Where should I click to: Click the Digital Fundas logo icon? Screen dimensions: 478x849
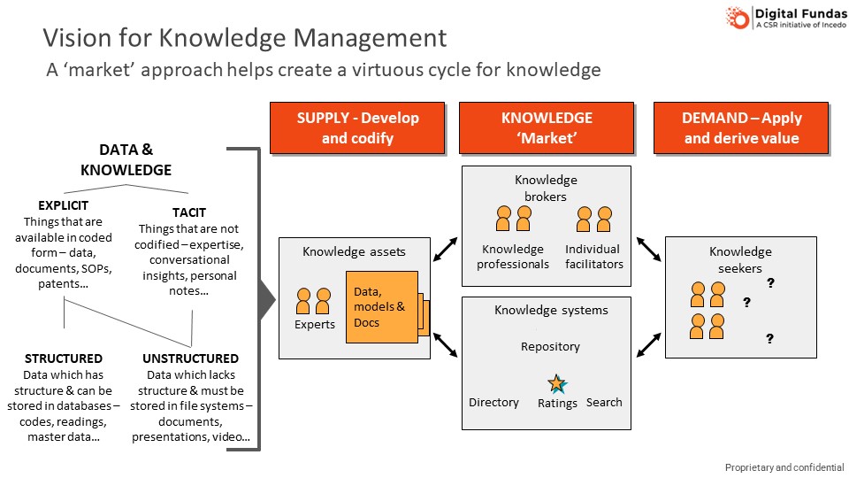pos(738,18)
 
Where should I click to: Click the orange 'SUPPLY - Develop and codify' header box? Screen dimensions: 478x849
pos(358,127)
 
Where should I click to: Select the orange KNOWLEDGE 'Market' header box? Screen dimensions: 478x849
pos(547,127)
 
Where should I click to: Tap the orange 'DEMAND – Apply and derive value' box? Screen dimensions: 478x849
pos(741,127)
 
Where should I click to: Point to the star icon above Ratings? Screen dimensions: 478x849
pos(556,384)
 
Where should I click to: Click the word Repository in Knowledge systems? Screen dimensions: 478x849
pos(550,347)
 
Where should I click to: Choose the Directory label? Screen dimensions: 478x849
pos(493,403)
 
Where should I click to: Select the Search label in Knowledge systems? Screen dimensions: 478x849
pos(604,403)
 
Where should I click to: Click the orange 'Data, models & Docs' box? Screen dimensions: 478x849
pos(380,306)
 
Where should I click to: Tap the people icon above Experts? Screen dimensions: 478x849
pos(314,301)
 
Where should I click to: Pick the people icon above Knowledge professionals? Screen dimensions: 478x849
pos(514,219)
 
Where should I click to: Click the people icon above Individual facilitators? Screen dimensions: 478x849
pos(593,219)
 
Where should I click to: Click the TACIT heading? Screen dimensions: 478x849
pos(191,212)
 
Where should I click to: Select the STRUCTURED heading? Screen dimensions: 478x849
pos(64,358)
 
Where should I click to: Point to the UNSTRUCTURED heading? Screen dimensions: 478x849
pos(190,358)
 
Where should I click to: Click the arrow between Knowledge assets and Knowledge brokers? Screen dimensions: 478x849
pos(445,250)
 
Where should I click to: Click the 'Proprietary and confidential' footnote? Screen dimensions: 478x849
pos(784,467)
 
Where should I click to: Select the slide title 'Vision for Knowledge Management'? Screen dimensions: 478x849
pos(245,38)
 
